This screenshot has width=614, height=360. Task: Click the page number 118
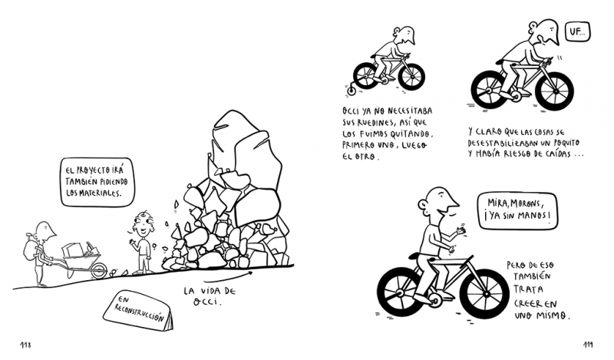click(25, 345)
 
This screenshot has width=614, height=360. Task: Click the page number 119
click(587, 345)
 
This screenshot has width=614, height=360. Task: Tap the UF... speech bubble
click(577, 31)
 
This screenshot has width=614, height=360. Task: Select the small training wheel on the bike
click(352, 91)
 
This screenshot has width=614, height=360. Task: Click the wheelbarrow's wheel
click(99, 270)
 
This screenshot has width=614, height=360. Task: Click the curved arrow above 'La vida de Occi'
click(228, 276)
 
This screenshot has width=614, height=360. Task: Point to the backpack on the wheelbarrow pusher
click(30, 249)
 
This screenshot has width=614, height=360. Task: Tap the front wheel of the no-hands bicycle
click(484, 294)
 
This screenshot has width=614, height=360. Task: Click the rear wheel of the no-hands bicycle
click(402, 292)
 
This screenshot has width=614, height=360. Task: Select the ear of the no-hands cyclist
click(423, 204)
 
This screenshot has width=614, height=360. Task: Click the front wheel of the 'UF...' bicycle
click(554, 90)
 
